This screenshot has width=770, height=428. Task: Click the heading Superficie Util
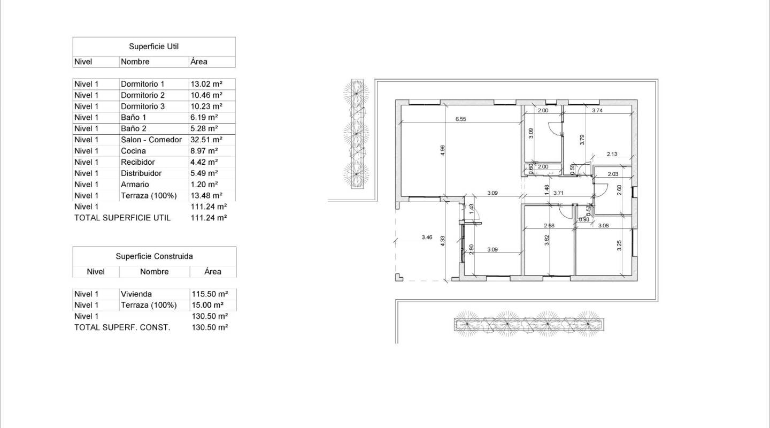coord(154,47)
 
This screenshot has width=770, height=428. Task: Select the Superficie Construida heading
coord(154,256)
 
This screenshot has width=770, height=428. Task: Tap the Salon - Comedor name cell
coord(151,140)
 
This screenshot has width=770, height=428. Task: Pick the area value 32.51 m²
coord(206,140)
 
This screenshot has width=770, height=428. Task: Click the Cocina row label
coord(133,151)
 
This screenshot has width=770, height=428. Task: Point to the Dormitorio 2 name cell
coord(143,95)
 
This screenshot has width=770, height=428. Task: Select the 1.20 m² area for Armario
coord(204,185)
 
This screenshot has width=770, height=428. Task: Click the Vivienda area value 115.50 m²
coord(210,294)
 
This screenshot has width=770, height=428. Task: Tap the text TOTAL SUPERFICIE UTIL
coord(122,218)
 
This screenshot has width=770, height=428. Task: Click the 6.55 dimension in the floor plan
coord(460,119)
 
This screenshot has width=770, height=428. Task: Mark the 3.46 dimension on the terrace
coord(427,237)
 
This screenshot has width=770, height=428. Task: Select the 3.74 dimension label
coord(597,111)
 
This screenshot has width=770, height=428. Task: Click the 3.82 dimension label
coord(546,240)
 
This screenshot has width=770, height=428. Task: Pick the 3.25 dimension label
coord(619,245)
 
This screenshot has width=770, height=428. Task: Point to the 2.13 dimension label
coord(612,155)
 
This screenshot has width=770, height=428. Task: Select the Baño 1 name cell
coord(133,117)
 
